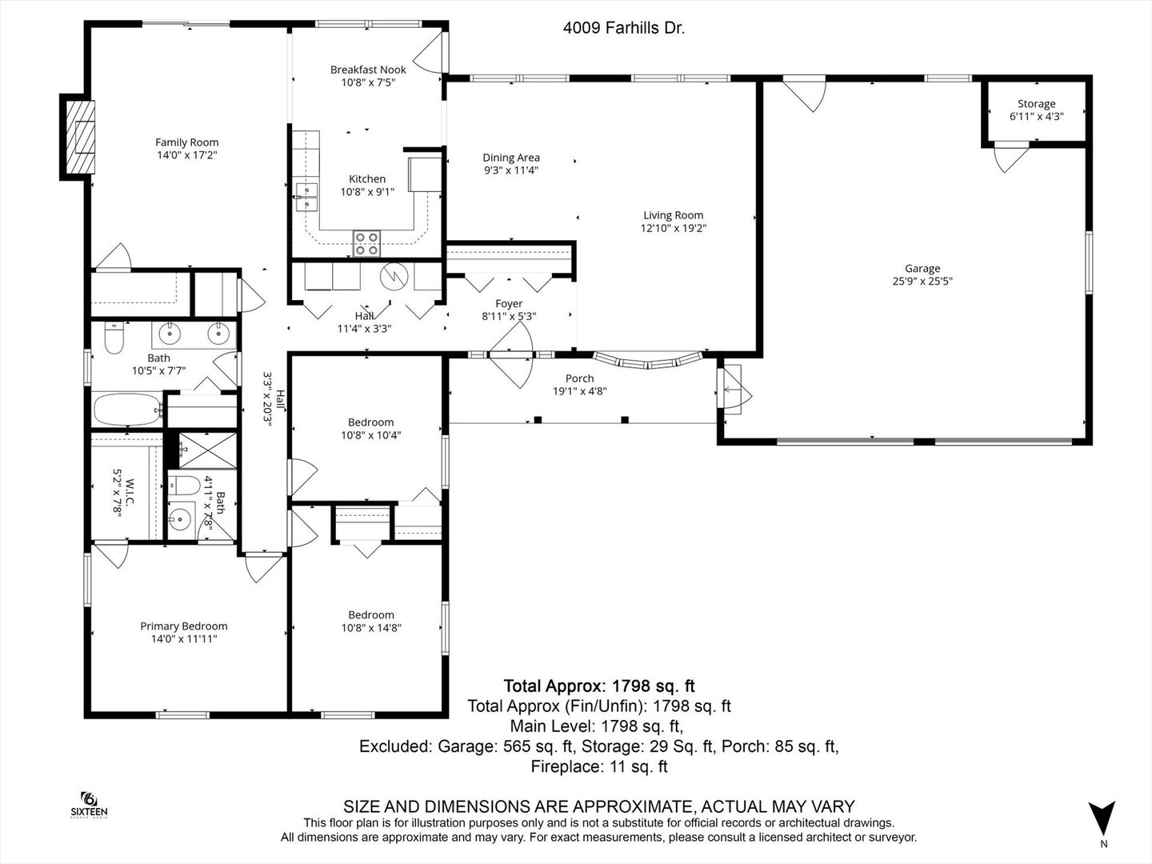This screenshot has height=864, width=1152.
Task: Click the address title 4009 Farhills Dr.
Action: (623, 28)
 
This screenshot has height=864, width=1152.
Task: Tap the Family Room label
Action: (187, 142)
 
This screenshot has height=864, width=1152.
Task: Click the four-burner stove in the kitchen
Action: (367, 243)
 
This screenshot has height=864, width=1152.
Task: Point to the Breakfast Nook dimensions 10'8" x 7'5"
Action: (368, 82)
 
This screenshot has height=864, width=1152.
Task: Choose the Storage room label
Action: (1037, 104)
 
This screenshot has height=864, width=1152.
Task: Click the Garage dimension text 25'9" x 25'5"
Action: (922, 281)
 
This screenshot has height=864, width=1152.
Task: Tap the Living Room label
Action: (674, 215)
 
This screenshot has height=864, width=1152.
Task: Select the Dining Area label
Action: (511, 158)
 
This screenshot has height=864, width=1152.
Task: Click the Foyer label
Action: (509, 304)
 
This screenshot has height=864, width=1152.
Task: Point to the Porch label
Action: (579, 378)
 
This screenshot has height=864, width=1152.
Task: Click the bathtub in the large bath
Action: (127, 410)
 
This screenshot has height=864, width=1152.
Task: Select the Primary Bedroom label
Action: (184, 626)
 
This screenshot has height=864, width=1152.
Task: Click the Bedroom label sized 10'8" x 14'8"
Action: (371, 615)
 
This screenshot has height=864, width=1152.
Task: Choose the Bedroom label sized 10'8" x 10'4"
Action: (371, 422)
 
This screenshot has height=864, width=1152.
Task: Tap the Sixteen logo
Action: (90, 805)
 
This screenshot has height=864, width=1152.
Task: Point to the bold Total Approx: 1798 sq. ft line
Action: (599, 686)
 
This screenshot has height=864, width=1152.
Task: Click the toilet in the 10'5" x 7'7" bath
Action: (114, 338)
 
